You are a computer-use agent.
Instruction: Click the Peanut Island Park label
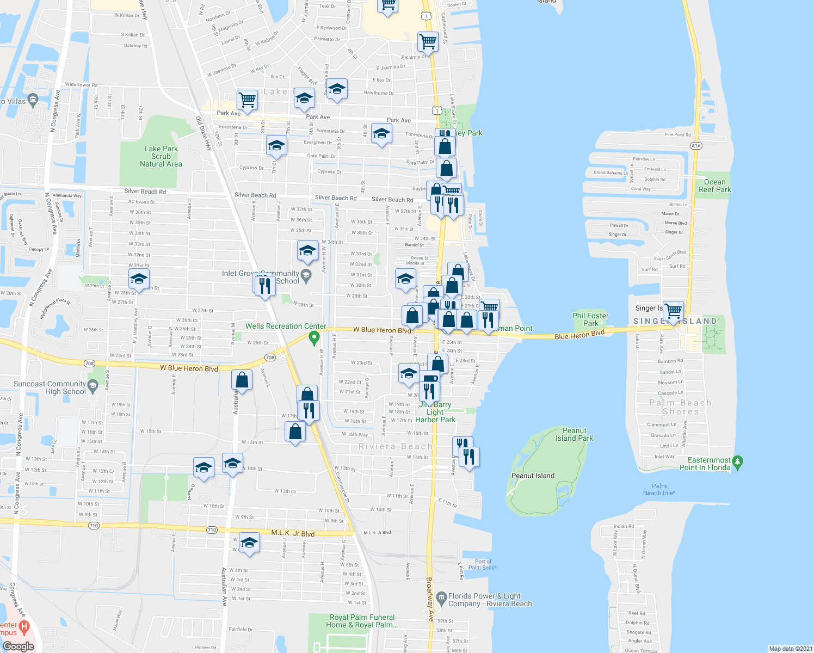click(x=574, y=434)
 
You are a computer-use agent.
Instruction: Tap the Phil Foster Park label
click(x=590, y=319)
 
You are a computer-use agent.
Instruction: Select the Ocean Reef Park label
click(x=714, y=186)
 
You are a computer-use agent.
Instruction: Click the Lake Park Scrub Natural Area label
click(x=161, y=156)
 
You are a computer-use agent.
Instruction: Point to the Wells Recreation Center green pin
click(x=313, y=338)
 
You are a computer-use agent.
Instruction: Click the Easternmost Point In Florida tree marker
click(x=737, y=462)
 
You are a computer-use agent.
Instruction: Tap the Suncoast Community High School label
click(x=50, y=387)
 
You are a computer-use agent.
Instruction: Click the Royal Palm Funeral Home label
click(x=362, y=621)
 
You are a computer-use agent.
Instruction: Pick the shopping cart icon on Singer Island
click(x=674, y=310)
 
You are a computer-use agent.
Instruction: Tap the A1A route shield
click(x=696, y=145)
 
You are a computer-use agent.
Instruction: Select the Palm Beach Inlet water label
click(x=659, y=490)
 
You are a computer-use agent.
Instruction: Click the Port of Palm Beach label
click(x=483, y=564)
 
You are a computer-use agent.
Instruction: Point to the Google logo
click(x=18, y=646)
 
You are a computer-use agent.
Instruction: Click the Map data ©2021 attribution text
click(x=790, y=649)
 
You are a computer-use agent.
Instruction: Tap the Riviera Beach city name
click(x=396, y=446)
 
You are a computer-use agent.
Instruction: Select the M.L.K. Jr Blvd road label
click(x=293, y=533)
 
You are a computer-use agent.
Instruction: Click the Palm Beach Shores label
click(x=680, y=407)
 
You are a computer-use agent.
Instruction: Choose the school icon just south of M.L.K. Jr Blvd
click(x=249, y=543)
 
